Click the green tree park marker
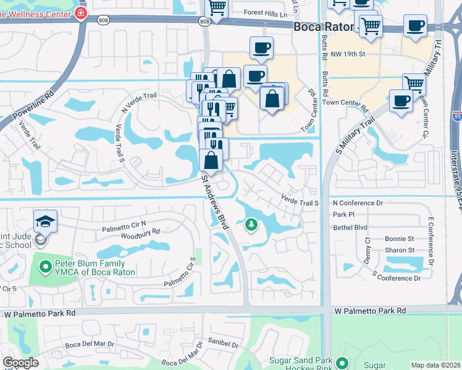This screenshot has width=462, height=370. (251, 226)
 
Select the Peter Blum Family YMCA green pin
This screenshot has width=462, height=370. (44, 267)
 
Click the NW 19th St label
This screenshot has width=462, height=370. (349, 54)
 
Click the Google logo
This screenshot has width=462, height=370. (20, 363)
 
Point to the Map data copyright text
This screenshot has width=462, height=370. (435, 365)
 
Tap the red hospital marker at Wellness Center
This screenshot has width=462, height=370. (82, 12)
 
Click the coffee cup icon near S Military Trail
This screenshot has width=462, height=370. (401, 101)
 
